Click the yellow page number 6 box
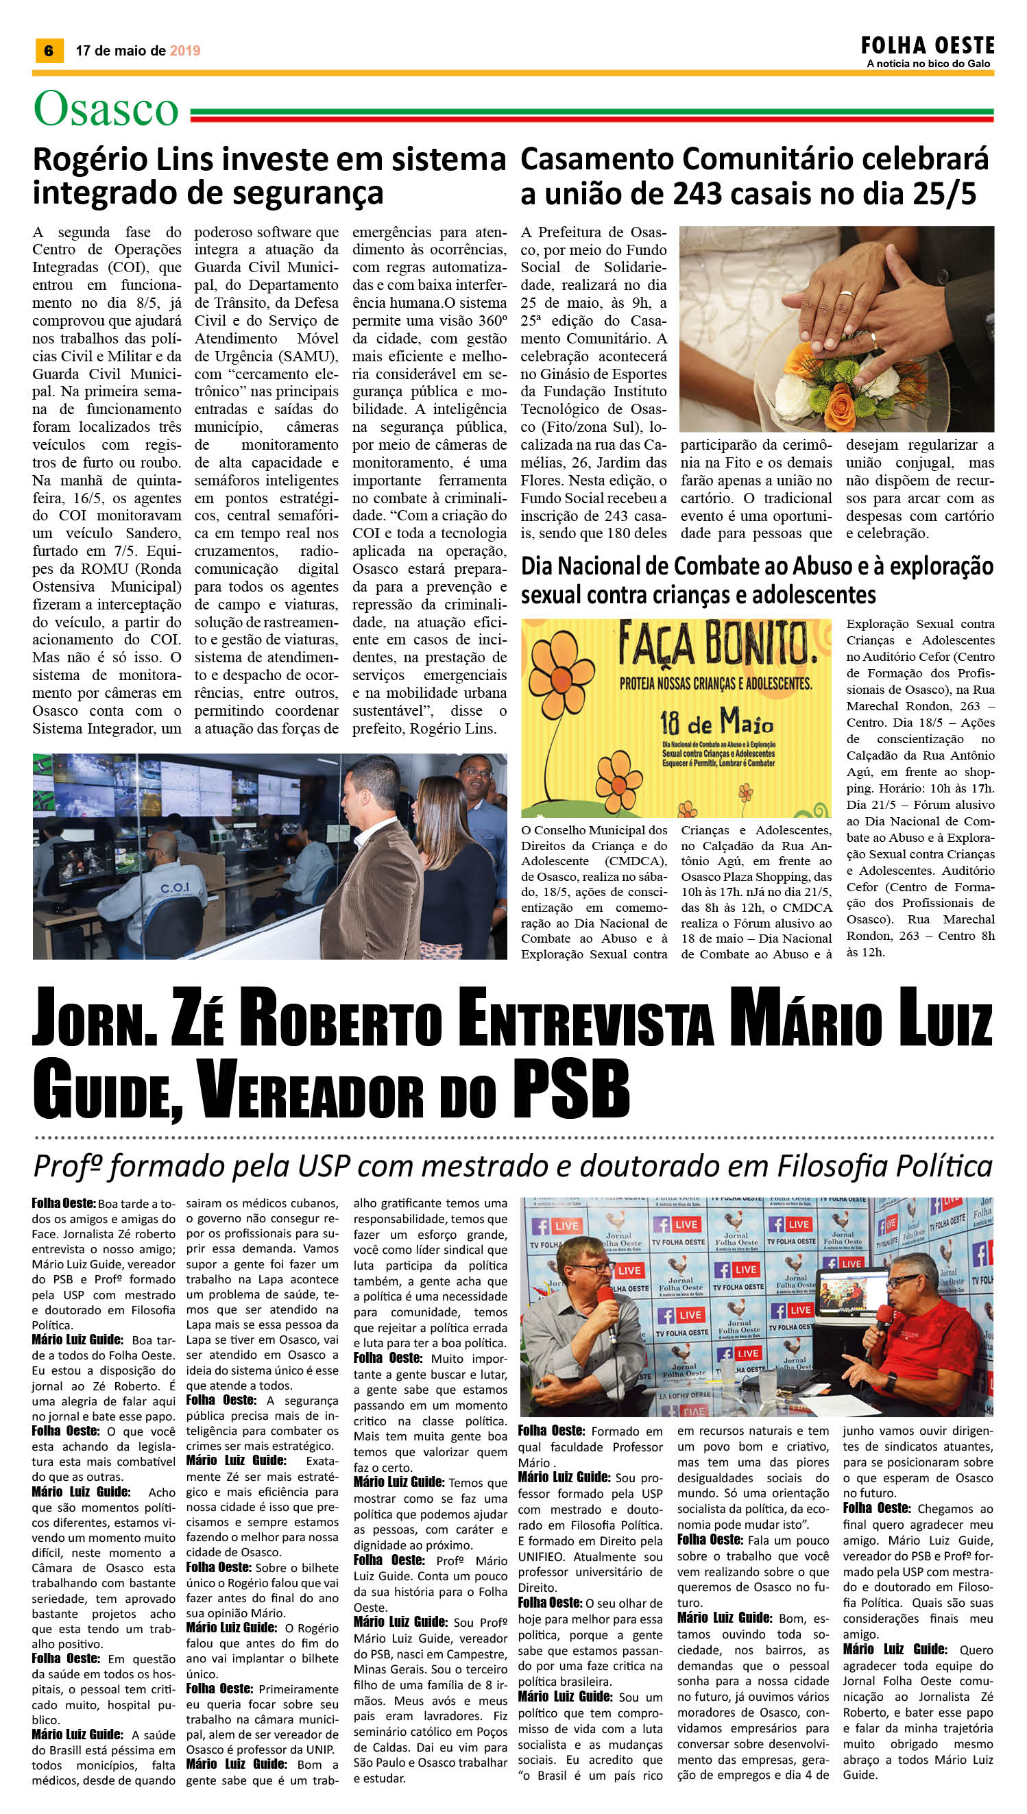pos(48,51)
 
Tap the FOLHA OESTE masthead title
pos(927,46)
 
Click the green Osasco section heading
pos(106,110)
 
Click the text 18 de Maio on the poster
pos(716,722)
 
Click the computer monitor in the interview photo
pos(850,1298)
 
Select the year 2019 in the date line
pos(185,51)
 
